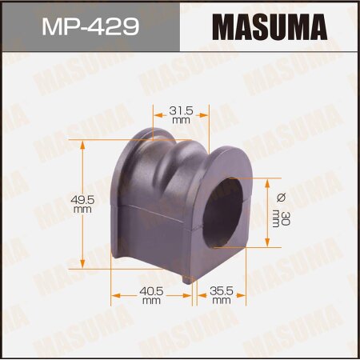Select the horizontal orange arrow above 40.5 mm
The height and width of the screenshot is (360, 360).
(x=150, y=294)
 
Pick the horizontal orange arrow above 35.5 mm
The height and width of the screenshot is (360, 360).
(x=219, y=294)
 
